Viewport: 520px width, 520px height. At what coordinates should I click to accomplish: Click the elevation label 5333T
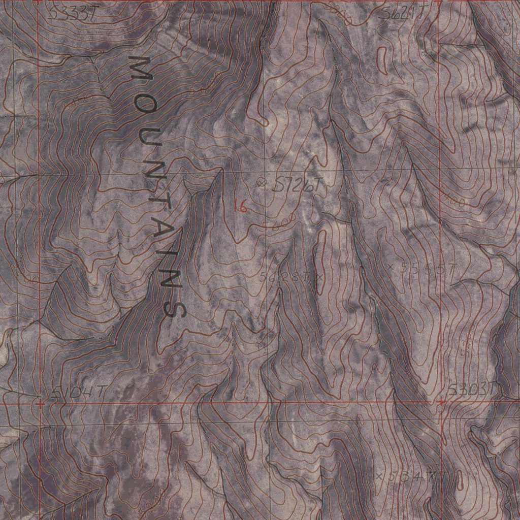click(x=72, y=14)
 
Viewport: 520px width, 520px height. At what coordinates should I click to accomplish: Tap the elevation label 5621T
click(x=403, y=15)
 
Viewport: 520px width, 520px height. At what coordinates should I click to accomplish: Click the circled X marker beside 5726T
click(x=262, y=182)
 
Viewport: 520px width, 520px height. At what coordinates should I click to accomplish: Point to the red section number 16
click(x=240, y=206)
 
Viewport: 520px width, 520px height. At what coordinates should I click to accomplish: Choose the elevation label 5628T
click(x=284, y=277)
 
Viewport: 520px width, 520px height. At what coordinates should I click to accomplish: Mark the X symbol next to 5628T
click(x=319, y=277)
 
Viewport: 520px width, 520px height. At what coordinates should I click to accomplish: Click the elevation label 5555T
click(x=428, y=268)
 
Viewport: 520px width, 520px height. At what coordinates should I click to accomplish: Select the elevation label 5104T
click(x=80, y=392)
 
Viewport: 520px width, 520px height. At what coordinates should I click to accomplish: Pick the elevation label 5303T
click(x=472, y=390)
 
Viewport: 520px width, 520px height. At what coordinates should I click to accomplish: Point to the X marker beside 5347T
click(x=379, y=476)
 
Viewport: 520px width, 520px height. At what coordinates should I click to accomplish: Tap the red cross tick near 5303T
click(x=441, y=401)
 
